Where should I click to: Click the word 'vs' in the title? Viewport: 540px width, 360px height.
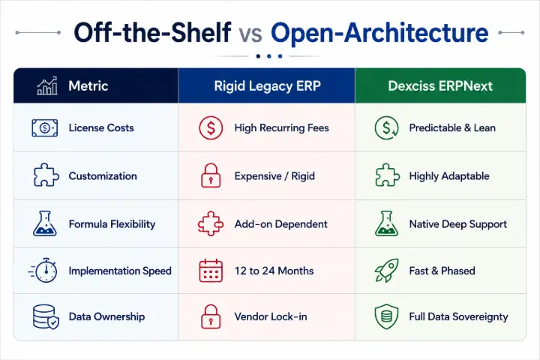point(250,34)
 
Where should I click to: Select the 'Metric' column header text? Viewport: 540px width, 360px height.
point(88,85)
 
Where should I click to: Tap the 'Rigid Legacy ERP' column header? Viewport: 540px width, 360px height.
point(267,86)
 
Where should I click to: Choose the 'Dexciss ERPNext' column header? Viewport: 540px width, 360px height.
point(440,86)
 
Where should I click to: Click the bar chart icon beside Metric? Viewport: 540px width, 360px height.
point(47,85)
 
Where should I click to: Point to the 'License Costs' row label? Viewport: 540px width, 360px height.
point(101,127)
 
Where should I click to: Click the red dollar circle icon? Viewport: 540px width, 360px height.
point(211,127)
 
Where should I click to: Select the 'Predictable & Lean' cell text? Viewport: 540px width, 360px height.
point(452,127)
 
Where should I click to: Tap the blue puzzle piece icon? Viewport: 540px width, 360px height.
point(46,175)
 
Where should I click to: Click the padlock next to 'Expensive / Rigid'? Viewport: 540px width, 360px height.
point(211,175)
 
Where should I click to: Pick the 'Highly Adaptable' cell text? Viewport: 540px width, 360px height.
point(449,176)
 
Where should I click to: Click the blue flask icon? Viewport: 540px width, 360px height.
point(45,223)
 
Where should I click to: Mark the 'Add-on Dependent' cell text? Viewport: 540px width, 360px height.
point(281,224)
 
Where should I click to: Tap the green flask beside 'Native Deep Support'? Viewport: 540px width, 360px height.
point(386,223)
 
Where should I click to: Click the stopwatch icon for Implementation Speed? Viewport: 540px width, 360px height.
point(43,271)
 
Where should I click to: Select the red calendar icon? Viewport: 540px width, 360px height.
point(211,271)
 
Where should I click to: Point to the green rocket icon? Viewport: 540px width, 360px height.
point(387,271)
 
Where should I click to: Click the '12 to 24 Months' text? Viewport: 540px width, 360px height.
point(274,271)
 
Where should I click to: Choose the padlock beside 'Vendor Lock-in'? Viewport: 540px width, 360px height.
point(211,316)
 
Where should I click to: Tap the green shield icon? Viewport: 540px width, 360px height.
point(386,316)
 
